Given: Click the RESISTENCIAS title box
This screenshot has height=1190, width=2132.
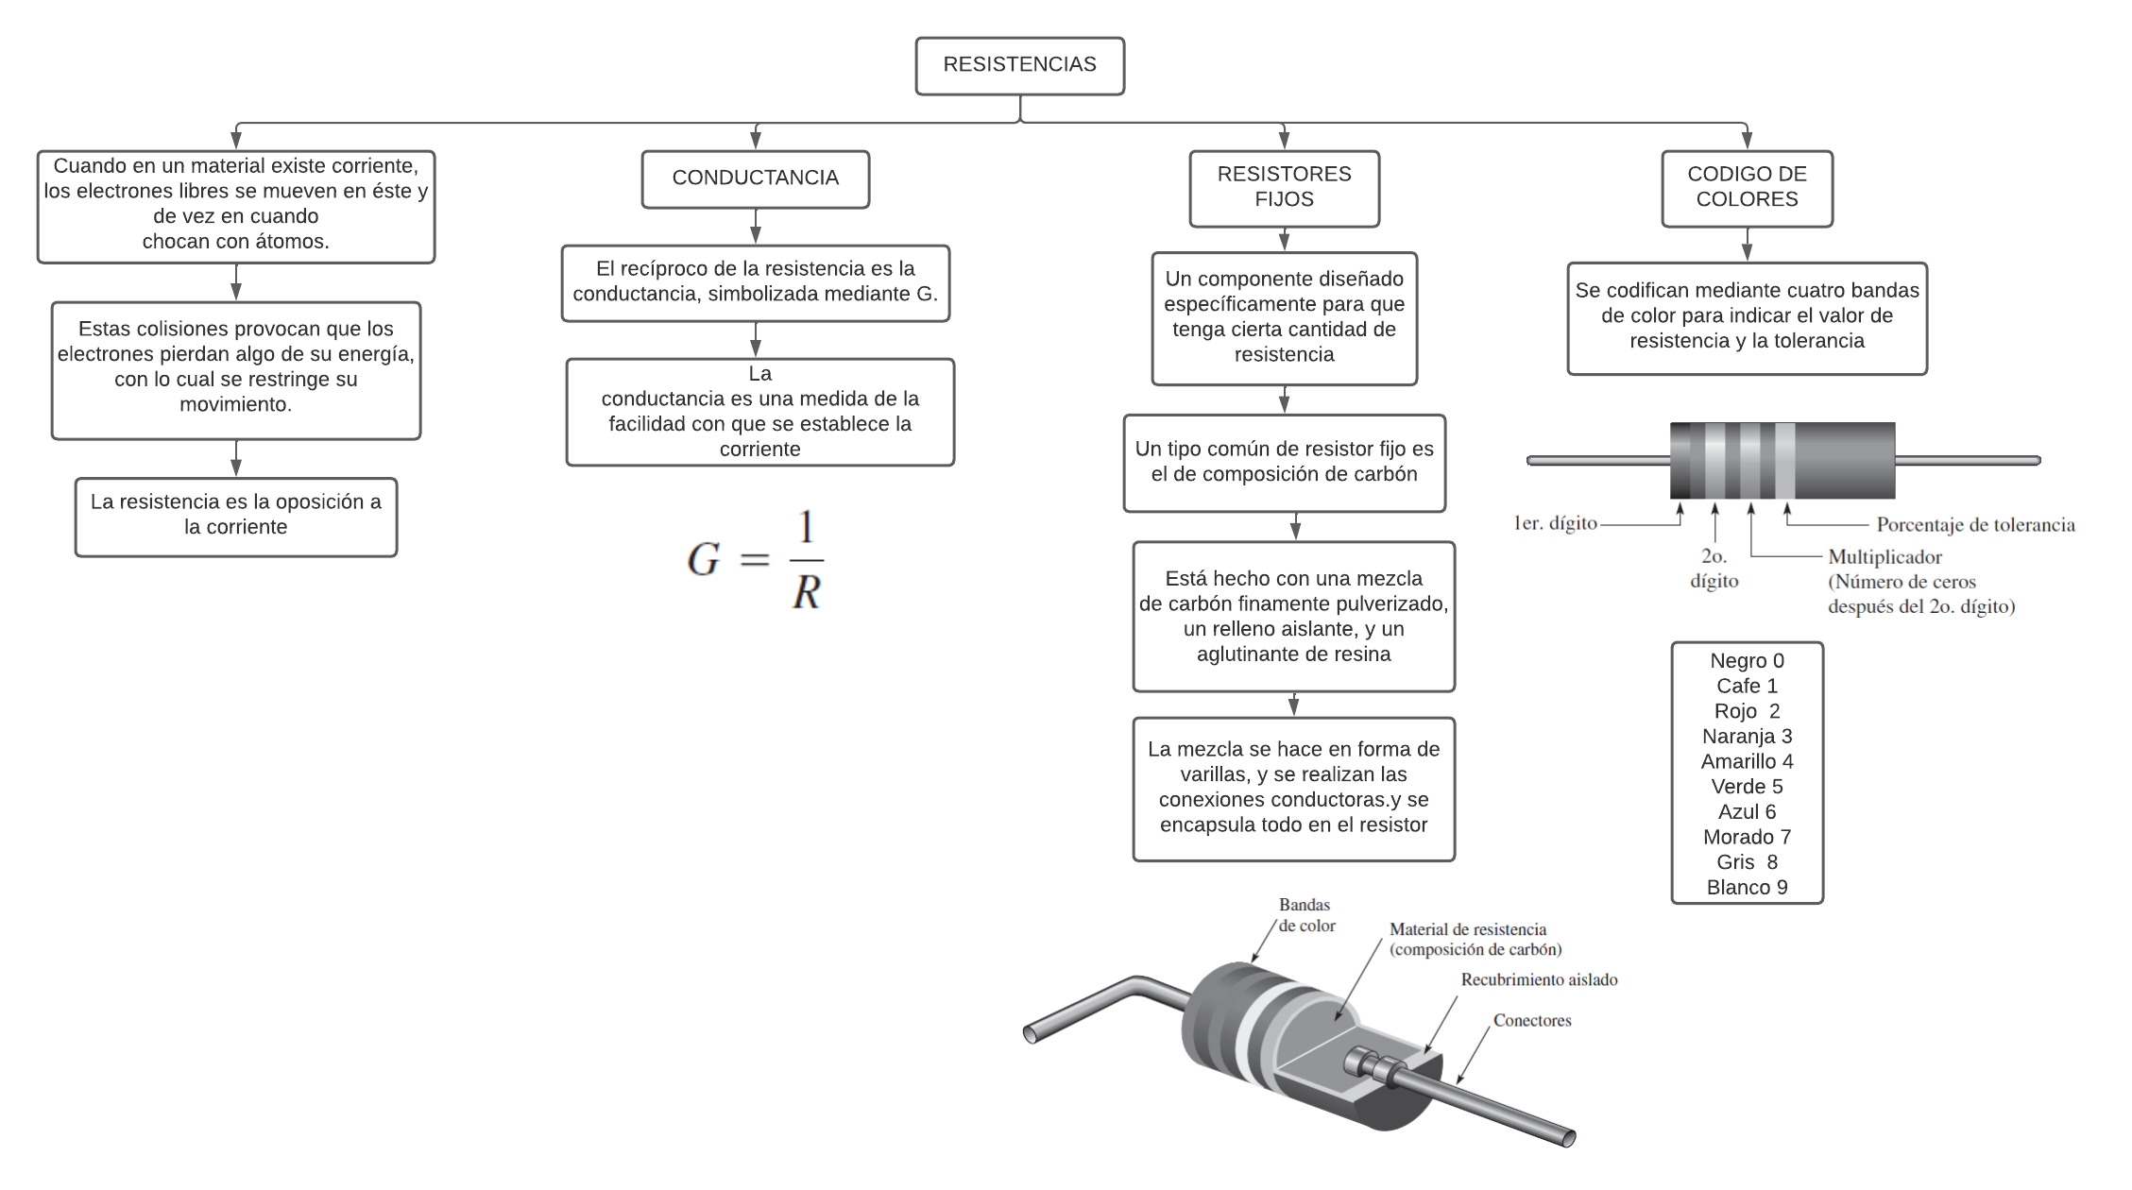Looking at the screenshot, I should tap(1019, 65).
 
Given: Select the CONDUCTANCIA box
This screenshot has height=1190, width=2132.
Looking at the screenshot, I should tap(755, 178).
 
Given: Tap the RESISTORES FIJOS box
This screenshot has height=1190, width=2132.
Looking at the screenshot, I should tap(1284, 187).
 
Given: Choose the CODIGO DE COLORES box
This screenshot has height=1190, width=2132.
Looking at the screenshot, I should tap(1747, 187).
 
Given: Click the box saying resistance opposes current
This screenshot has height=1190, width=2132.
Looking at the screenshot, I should tap(236, 516).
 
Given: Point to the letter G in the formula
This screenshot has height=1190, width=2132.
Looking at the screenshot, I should tap(704, 559).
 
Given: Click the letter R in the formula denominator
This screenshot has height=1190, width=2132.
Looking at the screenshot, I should tap(806, 593).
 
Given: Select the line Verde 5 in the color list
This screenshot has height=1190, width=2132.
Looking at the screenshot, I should tap(1747, 787).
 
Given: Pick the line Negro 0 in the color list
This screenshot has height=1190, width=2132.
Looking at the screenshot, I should tap(1747, 661).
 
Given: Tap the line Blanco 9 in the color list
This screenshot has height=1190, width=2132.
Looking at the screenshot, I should tap(1747, 888).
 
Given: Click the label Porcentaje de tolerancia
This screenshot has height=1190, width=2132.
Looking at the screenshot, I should tap(1975, 525).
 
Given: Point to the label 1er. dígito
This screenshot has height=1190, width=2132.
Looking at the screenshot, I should tap(1555, 523).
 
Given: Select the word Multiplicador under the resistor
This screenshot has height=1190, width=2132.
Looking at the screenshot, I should tap(1885, 557).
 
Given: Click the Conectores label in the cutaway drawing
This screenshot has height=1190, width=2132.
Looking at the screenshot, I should tap(1532, 1021).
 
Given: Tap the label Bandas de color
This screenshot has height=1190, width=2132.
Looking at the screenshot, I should tap(1306, 915).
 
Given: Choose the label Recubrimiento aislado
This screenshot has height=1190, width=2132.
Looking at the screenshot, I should tap(1539, 980).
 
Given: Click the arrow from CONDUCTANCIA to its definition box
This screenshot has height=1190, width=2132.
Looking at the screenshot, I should tap(756, 227).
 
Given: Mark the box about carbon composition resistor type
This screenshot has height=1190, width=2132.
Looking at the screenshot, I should tap(1284, 462).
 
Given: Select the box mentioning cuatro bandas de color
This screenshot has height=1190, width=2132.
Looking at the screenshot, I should tap(1747, 316).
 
